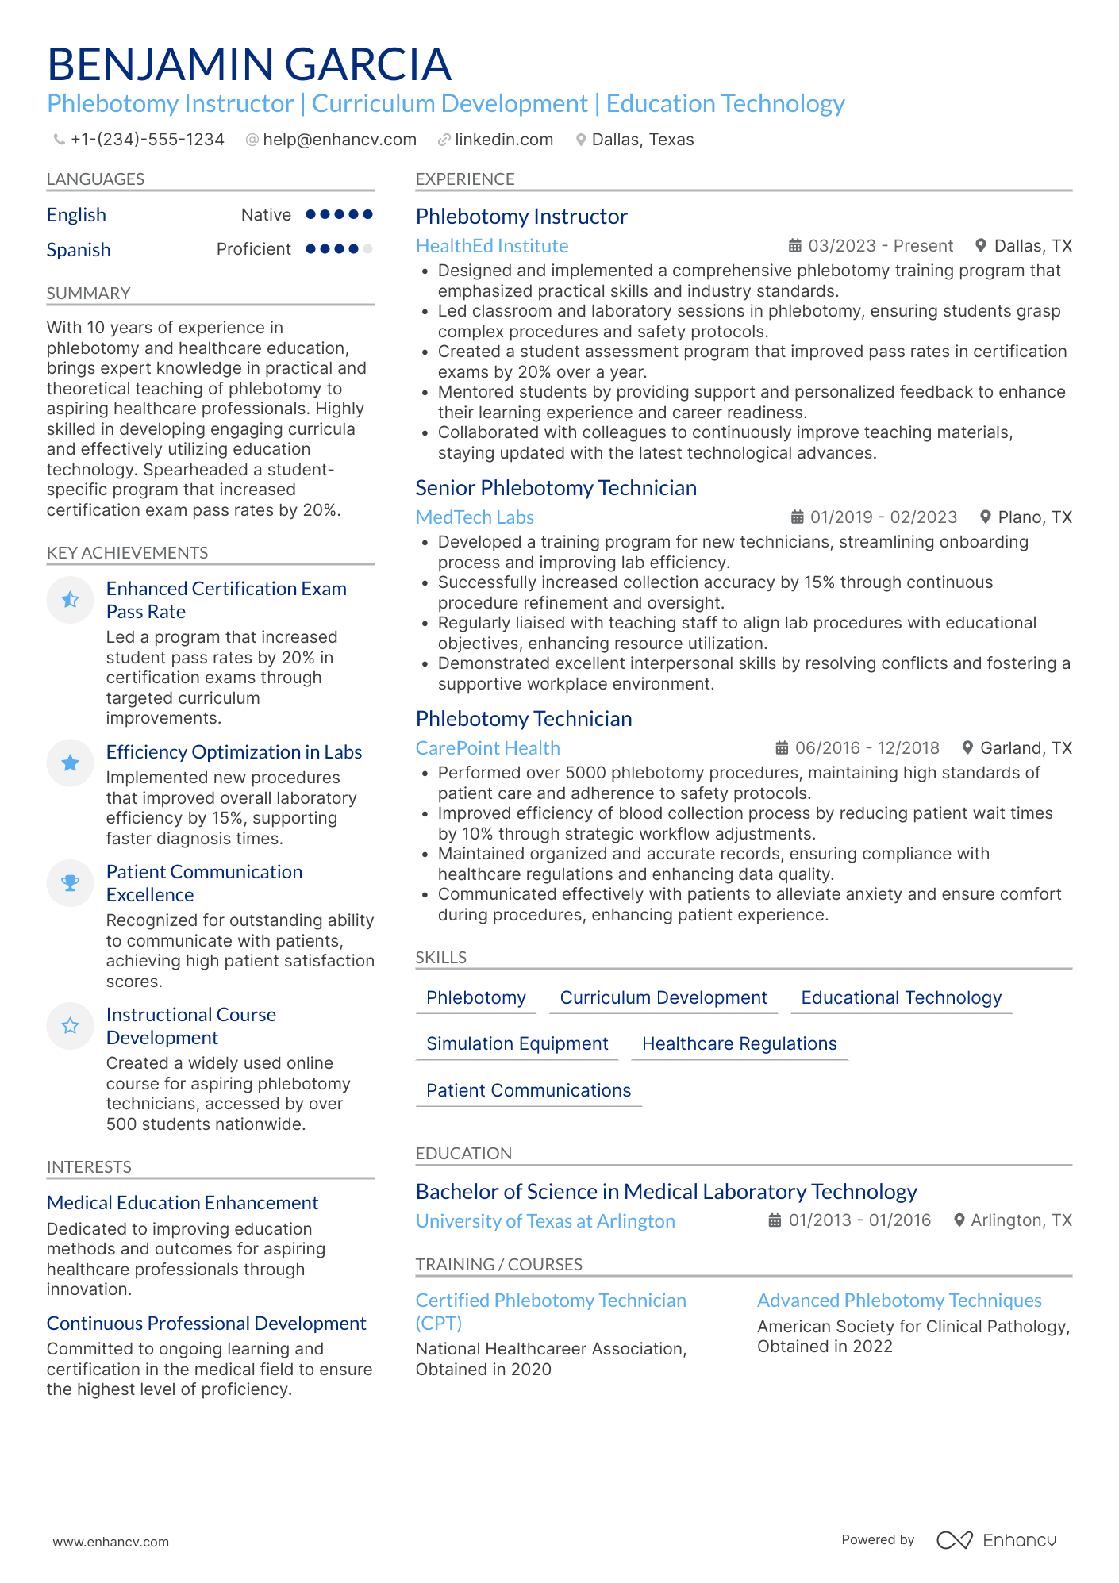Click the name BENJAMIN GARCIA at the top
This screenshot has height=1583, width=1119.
(x=249, y=64)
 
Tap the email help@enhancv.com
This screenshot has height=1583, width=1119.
(x=339, y=140)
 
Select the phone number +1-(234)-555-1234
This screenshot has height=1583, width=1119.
(x=147, y=140)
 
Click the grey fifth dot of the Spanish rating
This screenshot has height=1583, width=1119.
(x=367, y=249)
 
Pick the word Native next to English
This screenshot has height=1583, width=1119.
(x=266, y=215)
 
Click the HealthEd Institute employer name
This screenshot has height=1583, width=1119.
(x=492, y=246)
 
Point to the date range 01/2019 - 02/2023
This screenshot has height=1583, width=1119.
(x=883, y=517)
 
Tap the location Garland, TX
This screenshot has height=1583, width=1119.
(x=1025, y=748)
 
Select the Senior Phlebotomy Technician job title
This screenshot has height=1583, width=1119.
(x=556, y=488)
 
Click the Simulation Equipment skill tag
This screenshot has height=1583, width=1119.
(x=517, y=1044)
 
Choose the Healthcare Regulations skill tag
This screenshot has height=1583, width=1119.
(x=739, y=1044)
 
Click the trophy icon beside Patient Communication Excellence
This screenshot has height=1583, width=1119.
(x=71, y=882)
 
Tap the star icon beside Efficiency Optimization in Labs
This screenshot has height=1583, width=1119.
(x=71, y=763)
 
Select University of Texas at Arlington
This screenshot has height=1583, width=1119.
(x=545, y=1221)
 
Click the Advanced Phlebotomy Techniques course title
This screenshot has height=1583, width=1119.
(x=899, y=1301)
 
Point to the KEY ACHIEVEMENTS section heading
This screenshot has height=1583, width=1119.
(x=127, y=553)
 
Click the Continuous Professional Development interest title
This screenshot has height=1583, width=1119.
(x=206, y=1324)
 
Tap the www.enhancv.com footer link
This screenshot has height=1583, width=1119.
(x=110, y=1542)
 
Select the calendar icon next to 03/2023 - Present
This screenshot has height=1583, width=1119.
(x=794, y=246)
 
